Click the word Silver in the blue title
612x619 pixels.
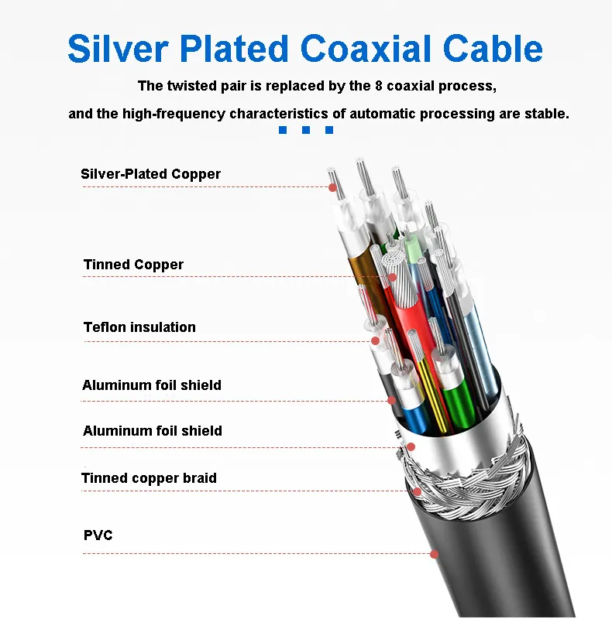coord(119,48)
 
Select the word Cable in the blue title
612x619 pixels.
coord(493,48)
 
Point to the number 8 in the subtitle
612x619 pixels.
coord(378,86)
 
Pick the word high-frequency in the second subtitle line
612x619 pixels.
coord(174,114)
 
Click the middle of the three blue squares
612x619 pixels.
coord(305,130)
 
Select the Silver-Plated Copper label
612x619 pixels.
coord(150,174)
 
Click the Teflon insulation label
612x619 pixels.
coord(139,327)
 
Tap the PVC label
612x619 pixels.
coord(98,535)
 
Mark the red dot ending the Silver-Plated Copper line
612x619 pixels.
coord(333,187)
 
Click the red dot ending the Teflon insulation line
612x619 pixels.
coord(376,340)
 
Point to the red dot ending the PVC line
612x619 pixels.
coord(434,554)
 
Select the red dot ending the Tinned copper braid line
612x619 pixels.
coord(417,491)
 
